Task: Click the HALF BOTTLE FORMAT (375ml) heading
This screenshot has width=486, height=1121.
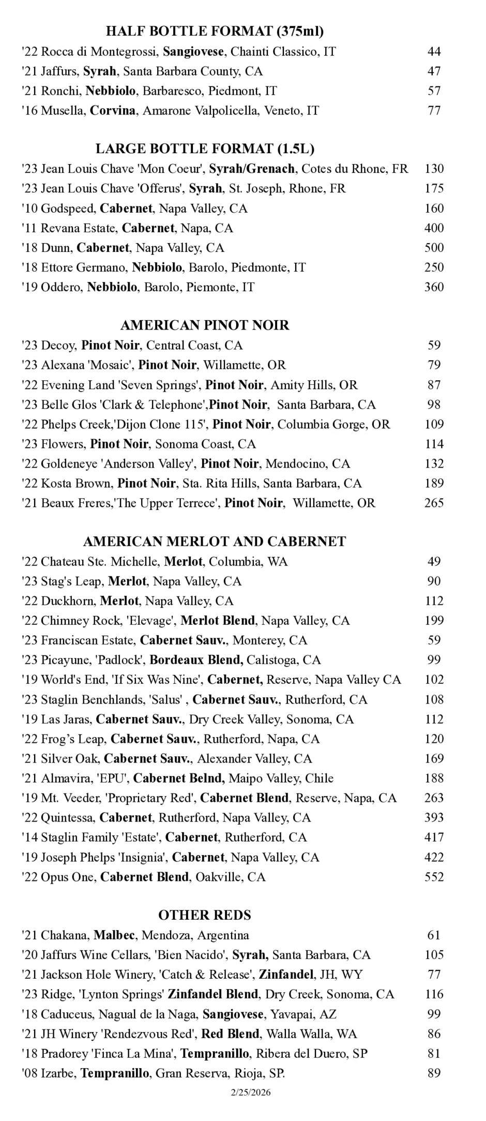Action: (215, 32)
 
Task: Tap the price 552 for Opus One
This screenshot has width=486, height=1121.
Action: (434, 877)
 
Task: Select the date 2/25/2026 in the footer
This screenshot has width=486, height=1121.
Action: (250, 1093)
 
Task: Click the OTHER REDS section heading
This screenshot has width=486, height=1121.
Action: (205, 915)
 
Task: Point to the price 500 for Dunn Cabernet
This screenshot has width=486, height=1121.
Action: (434, 248)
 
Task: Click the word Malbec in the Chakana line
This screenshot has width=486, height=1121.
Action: (114, 935)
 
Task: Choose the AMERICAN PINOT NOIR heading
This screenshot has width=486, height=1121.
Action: (205, 325)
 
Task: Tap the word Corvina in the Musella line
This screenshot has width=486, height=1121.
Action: (113, 111)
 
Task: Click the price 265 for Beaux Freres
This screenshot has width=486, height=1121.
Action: (434, 503)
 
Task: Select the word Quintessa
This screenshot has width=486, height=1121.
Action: (68, 818)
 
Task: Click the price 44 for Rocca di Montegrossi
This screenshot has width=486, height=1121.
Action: (434, 52)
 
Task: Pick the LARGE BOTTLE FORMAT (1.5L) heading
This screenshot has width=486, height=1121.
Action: (205, 149)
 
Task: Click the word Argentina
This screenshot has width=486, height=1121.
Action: (223, 935)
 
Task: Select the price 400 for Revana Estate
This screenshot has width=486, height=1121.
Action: (434, 228)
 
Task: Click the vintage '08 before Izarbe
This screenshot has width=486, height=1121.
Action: (29, 1073)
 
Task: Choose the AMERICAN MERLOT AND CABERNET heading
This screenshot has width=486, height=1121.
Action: (214, 542)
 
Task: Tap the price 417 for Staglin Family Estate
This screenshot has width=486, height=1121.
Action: (434, 838)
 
